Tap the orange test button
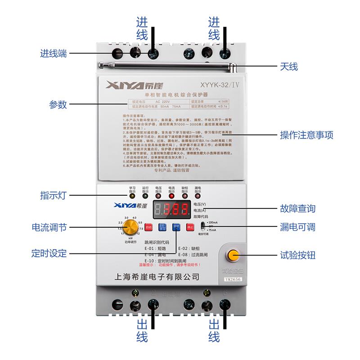(233, 256)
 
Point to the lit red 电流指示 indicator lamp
(171, 196)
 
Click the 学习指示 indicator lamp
(132, 196)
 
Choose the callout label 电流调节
(49, 228)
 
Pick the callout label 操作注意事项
(306, 135)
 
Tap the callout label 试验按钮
(297, 255)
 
